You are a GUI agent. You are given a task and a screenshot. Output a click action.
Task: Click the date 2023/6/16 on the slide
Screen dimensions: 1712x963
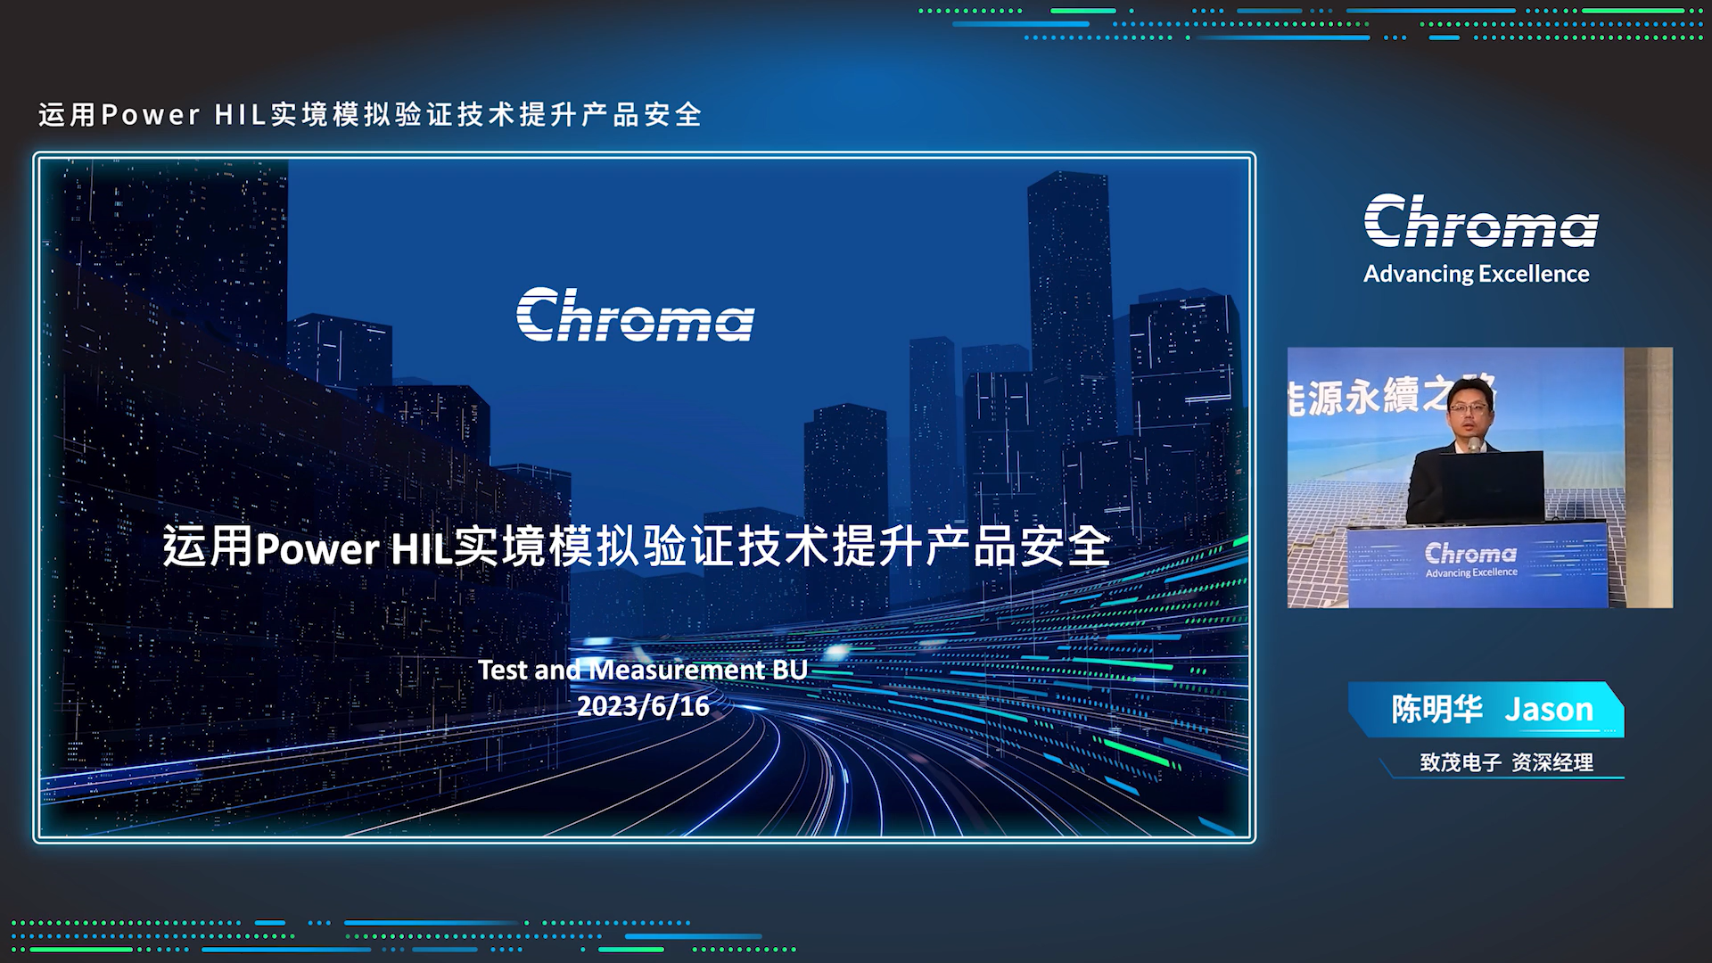643,706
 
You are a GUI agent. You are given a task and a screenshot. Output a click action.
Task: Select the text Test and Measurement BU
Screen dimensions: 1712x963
643,670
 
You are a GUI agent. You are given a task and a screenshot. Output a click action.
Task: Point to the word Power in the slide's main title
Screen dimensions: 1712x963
317,548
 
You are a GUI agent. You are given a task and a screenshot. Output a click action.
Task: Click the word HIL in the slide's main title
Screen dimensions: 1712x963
422,548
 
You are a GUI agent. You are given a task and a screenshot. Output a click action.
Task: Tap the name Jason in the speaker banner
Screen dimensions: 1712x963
1549,710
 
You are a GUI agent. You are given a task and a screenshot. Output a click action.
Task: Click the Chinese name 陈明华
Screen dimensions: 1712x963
1437,710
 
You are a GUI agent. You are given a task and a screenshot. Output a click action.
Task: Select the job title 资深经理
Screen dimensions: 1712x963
1552,762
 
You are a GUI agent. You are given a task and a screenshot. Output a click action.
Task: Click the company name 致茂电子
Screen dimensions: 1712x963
1461,762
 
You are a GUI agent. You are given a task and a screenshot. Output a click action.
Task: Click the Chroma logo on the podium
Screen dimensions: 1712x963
1470,553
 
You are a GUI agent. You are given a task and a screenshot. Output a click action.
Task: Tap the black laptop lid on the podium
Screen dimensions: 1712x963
1493,486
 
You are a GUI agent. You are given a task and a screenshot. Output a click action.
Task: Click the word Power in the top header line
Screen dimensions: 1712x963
151,115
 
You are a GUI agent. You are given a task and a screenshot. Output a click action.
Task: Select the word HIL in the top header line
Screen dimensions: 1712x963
241,115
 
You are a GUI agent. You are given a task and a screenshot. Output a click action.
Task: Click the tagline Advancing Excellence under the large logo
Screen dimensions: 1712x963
1477,274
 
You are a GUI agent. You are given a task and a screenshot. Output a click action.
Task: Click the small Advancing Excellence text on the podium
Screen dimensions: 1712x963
1471,572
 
